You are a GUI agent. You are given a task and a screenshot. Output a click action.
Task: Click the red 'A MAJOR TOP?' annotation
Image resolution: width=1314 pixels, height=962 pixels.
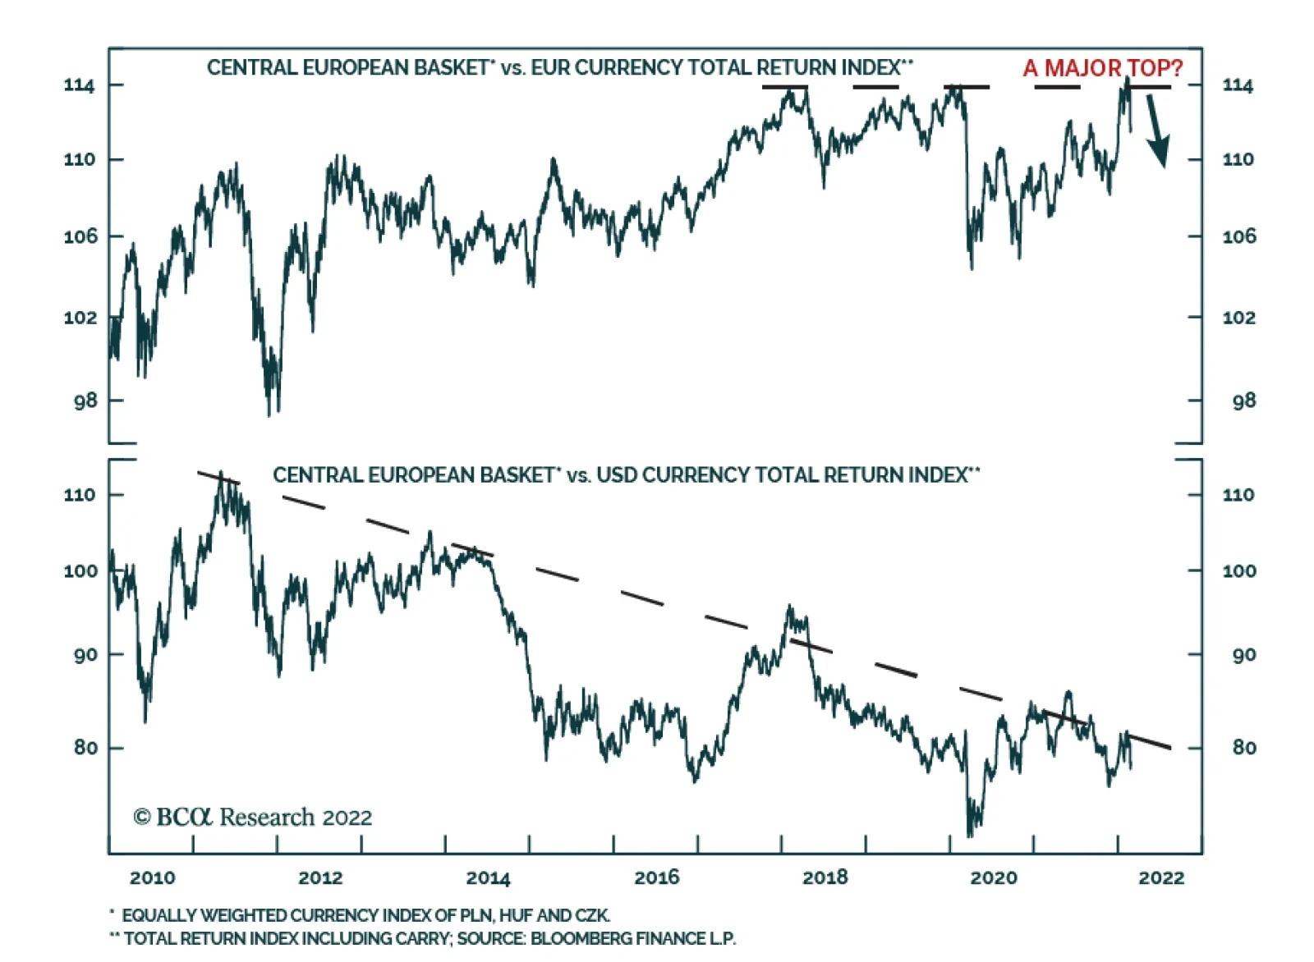[x=1102, y=68]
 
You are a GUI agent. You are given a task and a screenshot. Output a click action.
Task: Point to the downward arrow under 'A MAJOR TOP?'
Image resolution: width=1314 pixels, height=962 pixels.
[x=1157, y=131]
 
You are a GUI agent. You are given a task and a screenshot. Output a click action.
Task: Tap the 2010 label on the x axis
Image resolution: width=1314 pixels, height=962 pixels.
[x=152, y=877]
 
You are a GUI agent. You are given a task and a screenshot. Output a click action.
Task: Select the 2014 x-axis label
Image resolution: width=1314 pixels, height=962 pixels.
[x=488, y=877]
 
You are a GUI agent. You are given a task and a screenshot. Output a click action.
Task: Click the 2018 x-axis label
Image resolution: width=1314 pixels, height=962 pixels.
[x=825, y=877]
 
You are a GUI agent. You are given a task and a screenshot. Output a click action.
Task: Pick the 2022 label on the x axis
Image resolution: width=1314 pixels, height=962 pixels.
[x=1161, y=877]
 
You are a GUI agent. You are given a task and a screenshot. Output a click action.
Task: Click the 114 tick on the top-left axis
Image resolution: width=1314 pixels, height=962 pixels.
[x=79, y=85]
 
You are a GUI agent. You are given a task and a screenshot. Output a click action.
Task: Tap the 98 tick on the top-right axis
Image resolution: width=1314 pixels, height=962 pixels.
[x=1243, y=401]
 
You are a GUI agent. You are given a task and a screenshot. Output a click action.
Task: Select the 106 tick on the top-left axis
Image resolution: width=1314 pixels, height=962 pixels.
[x=79, y=236]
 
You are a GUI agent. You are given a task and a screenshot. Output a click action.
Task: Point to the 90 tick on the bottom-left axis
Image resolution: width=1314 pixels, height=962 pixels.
[x=85, y=655]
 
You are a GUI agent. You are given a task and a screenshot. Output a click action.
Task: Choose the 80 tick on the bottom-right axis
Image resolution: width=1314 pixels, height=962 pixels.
[x=1243, y=748]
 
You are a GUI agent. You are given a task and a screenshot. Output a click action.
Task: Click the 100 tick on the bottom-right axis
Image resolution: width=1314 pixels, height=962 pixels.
[x=1238, y=571]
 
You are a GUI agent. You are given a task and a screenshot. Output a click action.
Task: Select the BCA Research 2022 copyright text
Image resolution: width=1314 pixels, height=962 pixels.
[x=252, y=818]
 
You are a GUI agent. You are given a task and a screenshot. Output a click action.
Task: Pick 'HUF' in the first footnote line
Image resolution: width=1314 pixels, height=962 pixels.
[x=517, y=915]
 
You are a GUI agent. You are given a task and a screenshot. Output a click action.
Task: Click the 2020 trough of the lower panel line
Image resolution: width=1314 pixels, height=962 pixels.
[x=970, y=835]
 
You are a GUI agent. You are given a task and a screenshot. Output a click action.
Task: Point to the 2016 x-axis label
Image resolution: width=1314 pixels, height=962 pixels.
[x=656, y=877]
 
